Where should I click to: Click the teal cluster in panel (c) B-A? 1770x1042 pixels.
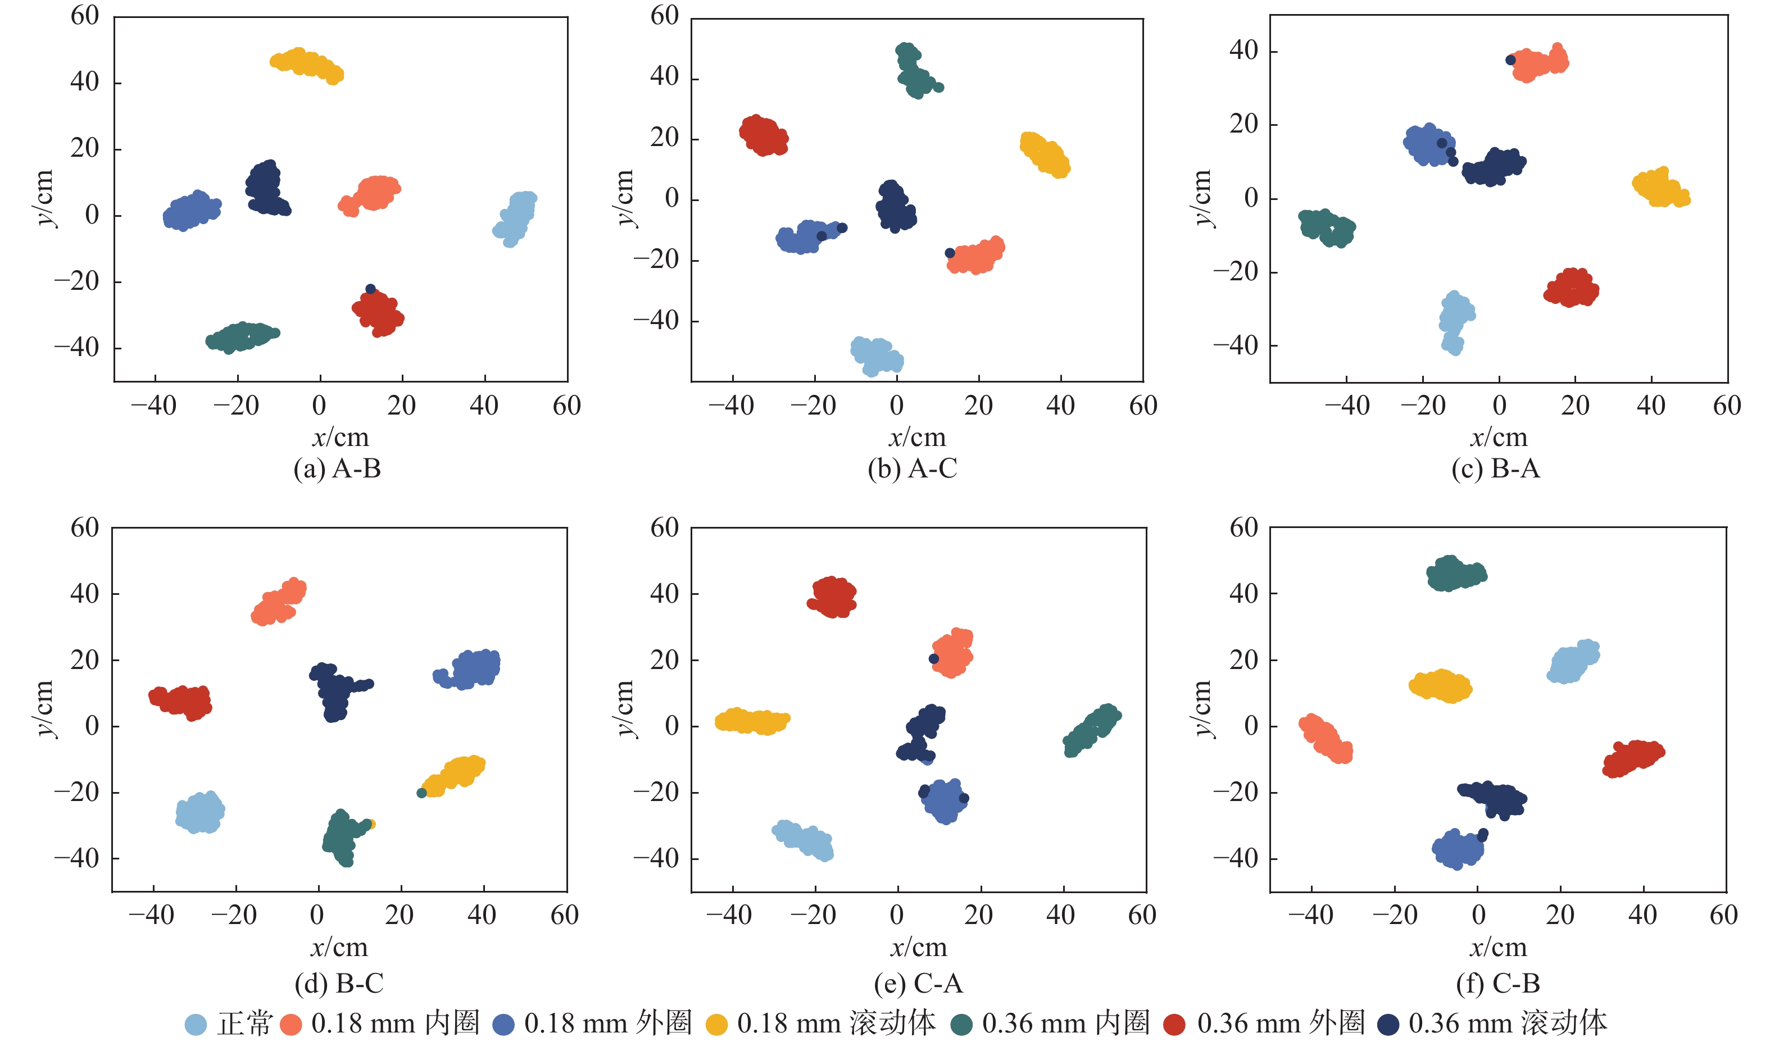[x=1326, y=227]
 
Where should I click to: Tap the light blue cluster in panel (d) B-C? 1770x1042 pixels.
[x=200, y=812]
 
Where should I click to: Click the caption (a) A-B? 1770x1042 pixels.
[x=337, y=468]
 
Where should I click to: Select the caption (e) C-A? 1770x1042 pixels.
[x=918, y=983]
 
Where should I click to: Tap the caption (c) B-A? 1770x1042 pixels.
[x=1496, y=468]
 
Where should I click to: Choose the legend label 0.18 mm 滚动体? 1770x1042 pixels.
[x=836, y=1023]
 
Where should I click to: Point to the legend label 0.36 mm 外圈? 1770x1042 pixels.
[x=1281, y=1023]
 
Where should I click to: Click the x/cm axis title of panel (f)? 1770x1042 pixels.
[x=1498, y=948]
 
